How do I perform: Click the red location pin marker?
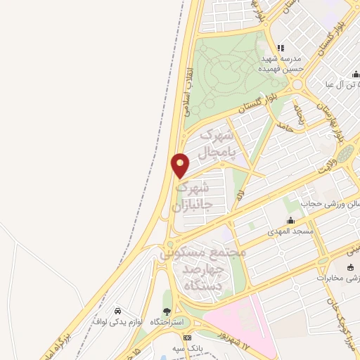(181, 165)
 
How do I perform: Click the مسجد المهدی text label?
(290, 231)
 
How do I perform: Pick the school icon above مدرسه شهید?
(281, 48)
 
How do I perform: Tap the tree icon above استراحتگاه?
(167, 311)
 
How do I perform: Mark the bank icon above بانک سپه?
(186, 338)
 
